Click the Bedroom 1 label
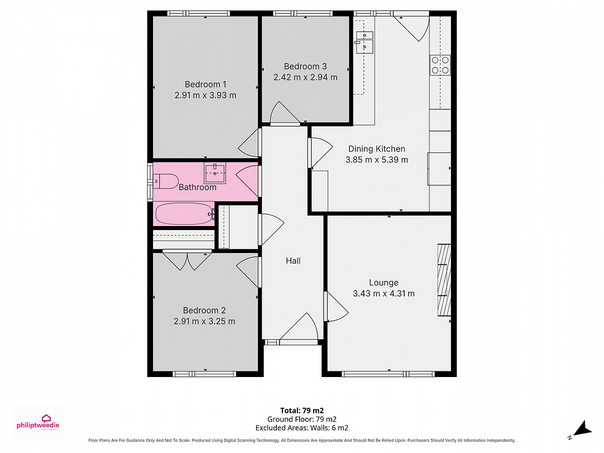205,84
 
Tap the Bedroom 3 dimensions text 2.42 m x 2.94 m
305,78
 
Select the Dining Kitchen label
376,149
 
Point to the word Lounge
384,282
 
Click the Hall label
293,261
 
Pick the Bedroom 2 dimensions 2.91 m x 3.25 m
204,321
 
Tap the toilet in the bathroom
166,181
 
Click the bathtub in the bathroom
185,214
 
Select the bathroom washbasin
214,173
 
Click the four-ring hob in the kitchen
440,65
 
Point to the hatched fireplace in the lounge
444,280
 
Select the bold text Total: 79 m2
302,410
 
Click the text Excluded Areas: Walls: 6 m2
302,428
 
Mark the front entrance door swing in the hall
299,327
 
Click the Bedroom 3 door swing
285,112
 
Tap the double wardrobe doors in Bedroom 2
187,261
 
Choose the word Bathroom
197,187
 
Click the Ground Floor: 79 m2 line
302,419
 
